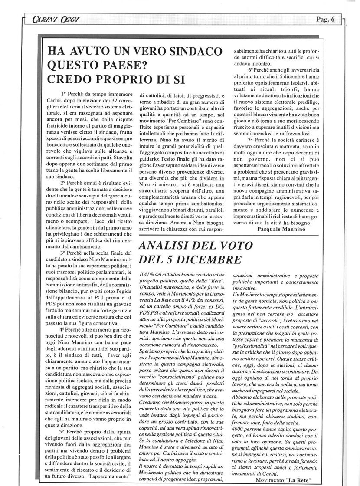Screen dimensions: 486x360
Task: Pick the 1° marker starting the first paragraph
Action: point(64,94)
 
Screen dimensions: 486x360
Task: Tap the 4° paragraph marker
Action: point(64,329)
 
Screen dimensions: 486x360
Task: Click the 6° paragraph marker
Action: point(251,69)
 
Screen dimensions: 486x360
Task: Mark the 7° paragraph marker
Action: point(251,141)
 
